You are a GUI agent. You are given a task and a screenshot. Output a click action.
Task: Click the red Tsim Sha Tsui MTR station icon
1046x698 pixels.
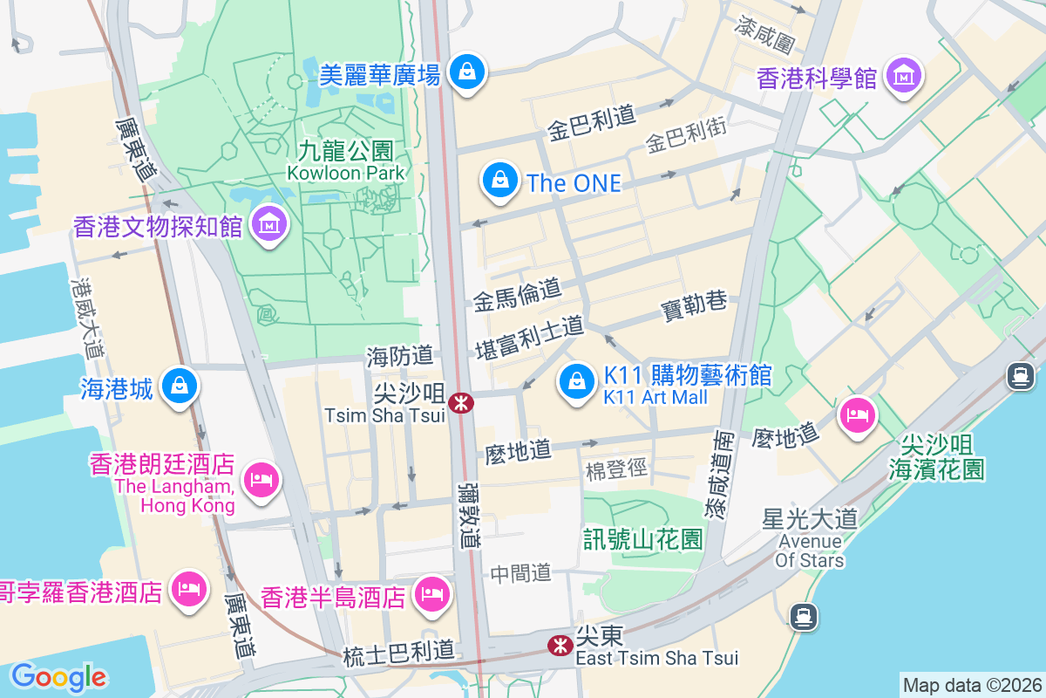tap(460, 402)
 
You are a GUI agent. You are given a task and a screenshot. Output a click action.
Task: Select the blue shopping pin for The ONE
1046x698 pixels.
tap(499, 181)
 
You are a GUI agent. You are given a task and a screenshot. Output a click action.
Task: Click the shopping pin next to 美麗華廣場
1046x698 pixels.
tap(467, 72)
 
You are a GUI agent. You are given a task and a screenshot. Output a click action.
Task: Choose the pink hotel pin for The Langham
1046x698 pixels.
tap(261, 479)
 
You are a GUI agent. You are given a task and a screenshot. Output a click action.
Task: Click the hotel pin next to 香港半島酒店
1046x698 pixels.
tap(431, 595)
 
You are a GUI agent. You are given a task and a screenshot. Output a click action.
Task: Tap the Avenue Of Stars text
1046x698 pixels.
tap(810, 551)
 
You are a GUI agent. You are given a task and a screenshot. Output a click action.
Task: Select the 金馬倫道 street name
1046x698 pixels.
tap(517, 296)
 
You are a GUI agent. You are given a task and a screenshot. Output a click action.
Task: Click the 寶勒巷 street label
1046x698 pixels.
tap(694, 307)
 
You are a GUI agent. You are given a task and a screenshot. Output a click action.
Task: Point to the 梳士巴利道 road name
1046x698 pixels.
tap(398, 651)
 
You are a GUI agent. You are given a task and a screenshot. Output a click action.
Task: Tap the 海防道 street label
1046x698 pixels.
tap(399, 355)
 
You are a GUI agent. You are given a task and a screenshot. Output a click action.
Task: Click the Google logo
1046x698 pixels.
tap(58, 677)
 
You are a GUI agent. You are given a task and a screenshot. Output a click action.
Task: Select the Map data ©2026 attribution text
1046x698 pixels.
tap(972, 685)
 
